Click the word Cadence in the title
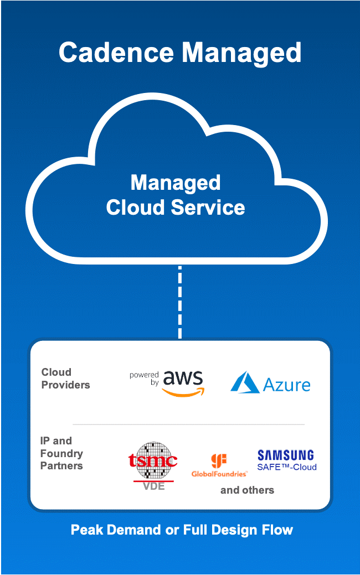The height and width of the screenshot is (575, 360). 116,53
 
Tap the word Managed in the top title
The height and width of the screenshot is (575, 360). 242,53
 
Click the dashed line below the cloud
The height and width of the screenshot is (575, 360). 180,302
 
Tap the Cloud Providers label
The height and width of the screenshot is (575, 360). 65,379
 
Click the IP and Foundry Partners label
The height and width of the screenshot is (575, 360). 61,453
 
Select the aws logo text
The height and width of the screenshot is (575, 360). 183,378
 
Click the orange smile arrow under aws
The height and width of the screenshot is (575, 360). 184,392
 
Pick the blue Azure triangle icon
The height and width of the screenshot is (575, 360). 245,382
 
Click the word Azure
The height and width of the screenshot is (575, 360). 287,384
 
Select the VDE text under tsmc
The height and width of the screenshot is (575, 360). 153,487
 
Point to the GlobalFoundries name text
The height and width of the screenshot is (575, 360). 219,474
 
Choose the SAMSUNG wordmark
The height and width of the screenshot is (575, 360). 285,455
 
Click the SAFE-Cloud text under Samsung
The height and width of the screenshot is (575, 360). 287,467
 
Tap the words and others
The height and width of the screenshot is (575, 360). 247,490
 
